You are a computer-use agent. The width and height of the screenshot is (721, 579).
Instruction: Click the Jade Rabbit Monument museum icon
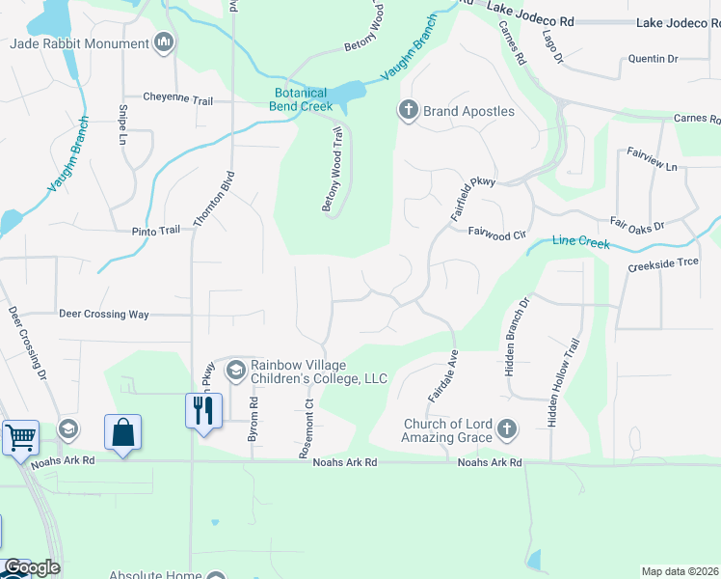pyautogui.click(x=165, y=43)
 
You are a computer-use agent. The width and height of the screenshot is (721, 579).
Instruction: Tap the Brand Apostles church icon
pyautogui.click(x=408, y=111)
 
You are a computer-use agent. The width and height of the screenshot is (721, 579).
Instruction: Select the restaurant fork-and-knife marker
pyautogui.click(x=203, y=411)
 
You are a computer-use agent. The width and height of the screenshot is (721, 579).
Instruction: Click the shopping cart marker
pyautogui.click(x=20, y=438)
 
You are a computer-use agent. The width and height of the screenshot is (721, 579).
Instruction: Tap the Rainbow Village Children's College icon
pyautogui.click(x=235, y=370)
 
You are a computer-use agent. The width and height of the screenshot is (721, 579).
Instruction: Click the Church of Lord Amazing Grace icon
pyautogui.click(x=508, y=428)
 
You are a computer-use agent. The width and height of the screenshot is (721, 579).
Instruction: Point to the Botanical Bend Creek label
pyautogui.click(x=301, y=99)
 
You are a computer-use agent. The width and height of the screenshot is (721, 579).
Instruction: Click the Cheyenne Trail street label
pyautogui.click(x=177, y=96)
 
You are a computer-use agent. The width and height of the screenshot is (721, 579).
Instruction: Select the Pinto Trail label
pyautogui.click(x=156, y=231)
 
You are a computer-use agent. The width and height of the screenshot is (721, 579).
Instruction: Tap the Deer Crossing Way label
pyautogui.click(x=104, y=314)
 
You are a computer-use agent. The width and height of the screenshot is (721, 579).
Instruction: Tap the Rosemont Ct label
pyautogui.click(x=310, y=428)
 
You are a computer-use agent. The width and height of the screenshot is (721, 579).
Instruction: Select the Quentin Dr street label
pyautogui.click(x=654, y=59)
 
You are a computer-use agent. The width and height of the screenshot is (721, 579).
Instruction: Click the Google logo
pyautogui.click(x=31, y=567)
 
